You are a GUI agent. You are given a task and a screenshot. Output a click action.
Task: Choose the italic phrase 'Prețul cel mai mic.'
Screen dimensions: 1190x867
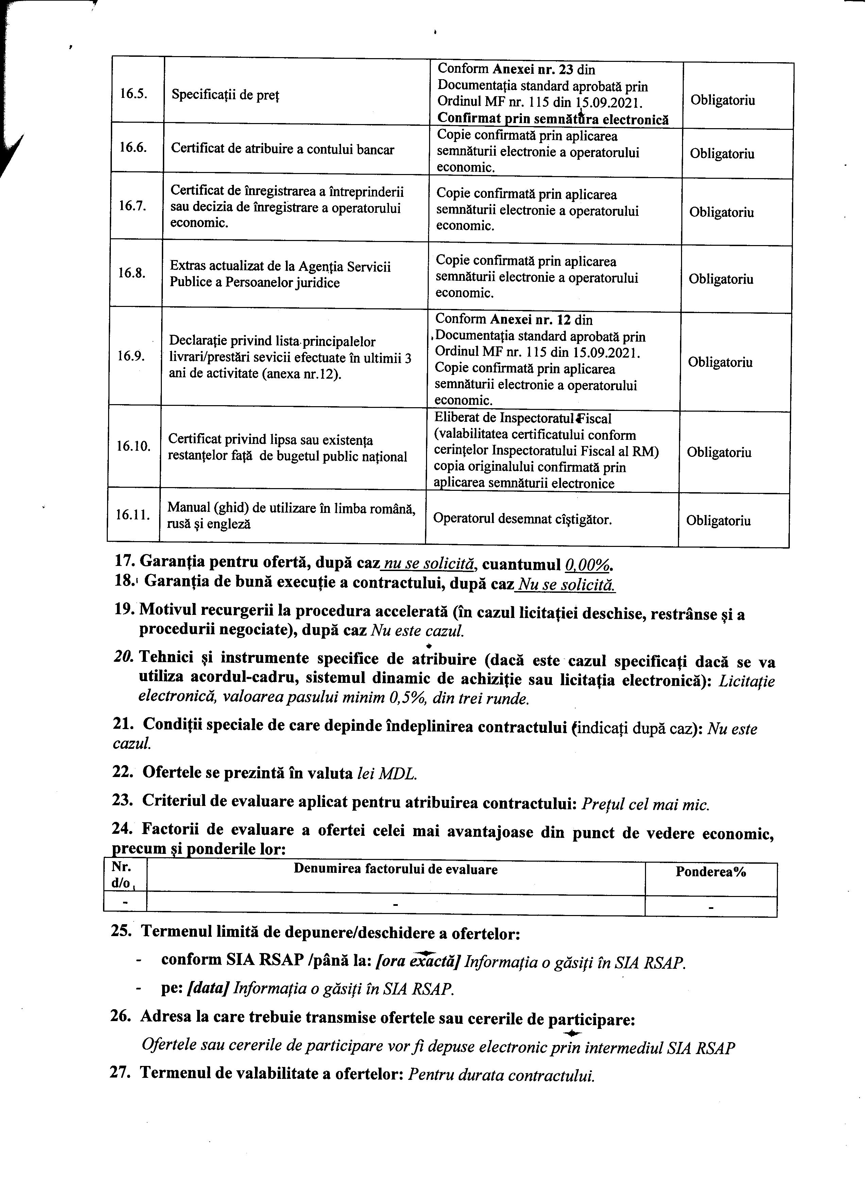coord(646,803)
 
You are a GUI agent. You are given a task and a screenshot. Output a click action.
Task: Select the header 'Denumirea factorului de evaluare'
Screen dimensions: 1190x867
coord(395,869)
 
